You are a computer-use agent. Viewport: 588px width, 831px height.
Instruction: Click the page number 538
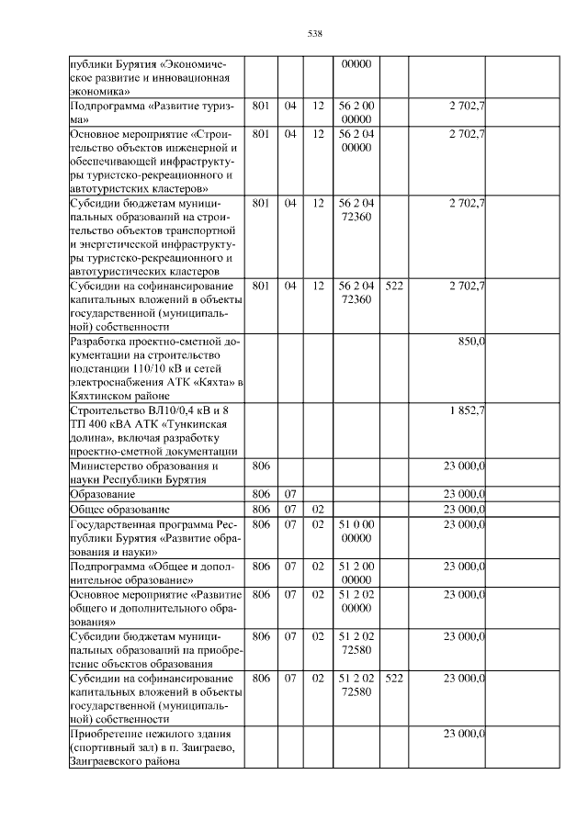[x=313, y=34]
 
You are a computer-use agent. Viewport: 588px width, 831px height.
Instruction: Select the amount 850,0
[x=471, y=341]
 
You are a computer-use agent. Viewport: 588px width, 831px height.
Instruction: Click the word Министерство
[x=107, y=466]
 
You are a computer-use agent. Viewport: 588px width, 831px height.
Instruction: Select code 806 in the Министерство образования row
[x=260, y=466]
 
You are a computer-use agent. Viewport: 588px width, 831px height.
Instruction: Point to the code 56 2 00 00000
[x=355, y=112]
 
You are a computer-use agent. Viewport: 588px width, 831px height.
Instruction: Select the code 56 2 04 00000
[x=355, y=140]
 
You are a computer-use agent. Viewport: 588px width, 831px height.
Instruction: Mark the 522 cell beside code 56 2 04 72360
[x=394, y=286]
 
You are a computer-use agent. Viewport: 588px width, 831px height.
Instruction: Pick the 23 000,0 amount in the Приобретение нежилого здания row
[x=464, y=733]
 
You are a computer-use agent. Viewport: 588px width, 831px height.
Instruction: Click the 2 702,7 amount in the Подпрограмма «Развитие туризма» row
[x=467, y=106]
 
